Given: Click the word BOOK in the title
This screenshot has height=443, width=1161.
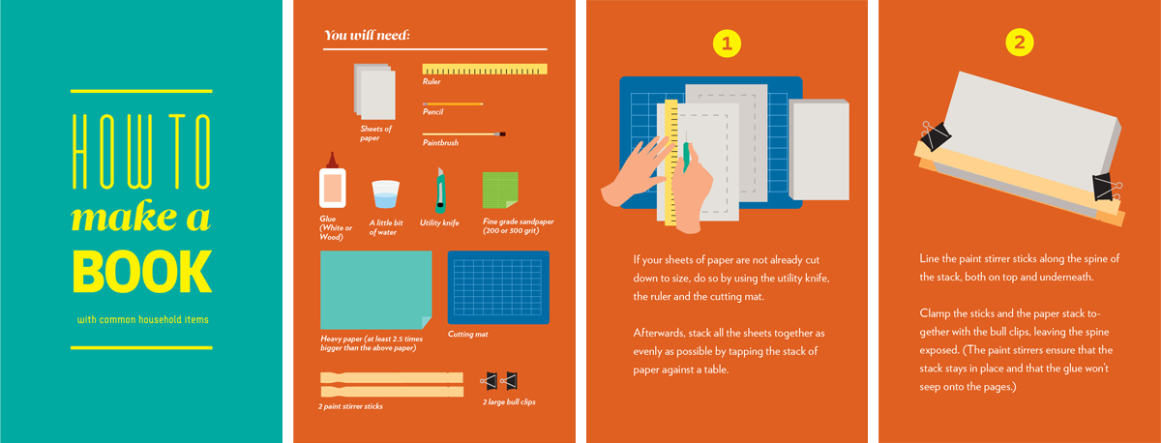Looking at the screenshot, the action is point(142,272).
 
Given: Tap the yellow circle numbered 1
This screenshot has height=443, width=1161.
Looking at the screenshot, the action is point(727,44).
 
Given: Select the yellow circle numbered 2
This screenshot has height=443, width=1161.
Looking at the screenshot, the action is point(1020,43).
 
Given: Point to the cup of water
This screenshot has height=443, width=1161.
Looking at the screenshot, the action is point(386,194).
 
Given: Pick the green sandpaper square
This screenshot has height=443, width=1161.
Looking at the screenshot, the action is point(500,190).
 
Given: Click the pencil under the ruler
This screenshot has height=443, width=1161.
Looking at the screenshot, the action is point(453,104).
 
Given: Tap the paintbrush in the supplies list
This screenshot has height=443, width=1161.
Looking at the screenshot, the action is point(463,134).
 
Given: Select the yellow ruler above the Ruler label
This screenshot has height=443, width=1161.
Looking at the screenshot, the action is point(485,69).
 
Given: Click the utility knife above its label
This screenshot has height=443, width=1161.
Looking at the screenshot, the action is point(440,191).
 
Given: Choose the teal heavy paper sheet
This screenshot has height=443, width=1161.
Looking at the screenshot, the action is point(375,289).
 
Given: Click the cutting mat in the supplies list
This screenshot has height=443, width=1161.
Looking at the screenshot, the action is point(498,287).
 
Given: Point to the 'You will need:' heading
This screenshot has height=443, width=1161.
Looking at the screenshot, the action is point(367,35).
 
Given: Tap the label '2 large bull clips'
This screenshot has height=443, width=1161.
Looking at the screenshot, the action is point(509,402).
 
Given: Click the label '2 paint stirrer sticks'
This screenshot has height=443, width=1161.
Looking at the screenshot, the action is point(350,406).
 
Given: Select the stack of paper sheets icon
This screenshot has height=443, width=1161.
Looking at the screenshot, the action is point(374,92).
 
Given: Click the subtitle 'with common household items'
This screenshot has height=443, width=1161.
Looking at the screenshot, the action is point(143,320).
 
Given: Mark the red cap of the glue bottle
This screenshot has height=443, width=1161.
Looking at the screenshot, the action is point(332,161).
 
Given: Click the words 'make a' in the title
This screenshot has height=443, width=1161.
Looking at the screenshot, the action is point(141,217).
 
